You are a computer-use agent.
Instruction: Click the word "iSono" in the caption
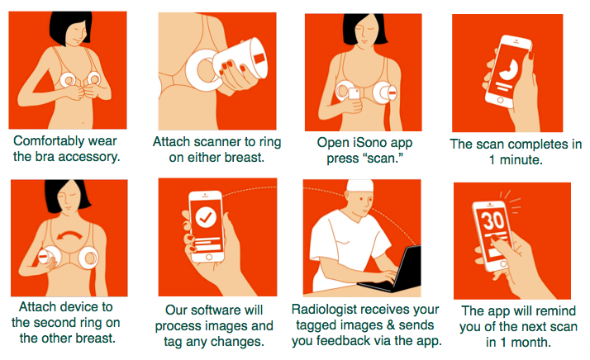click(371, 143)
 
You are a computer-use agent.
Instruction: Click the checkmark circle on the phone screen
click(206, 217)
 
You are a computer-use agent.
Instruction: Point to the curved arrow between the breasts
click(69, 236)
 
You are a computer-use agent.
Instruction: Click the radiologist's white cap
click(360, 186)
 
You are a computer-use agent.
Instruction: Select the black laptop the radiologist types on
click(392, 271)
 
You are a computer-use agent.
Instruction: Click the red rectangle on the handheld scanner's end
click(259, 59)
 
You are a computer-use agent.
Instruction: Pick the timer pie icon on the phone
click(509, 69)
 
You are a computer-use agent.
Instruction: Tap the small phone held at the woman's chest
click(354, 93)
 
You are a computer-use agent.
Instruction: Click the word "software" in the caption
click(216, 310)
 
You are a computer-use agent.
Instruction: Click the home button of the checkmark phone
click(209, 257)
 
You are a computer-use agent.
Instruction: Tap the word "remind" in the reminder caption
click(555, 311)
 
